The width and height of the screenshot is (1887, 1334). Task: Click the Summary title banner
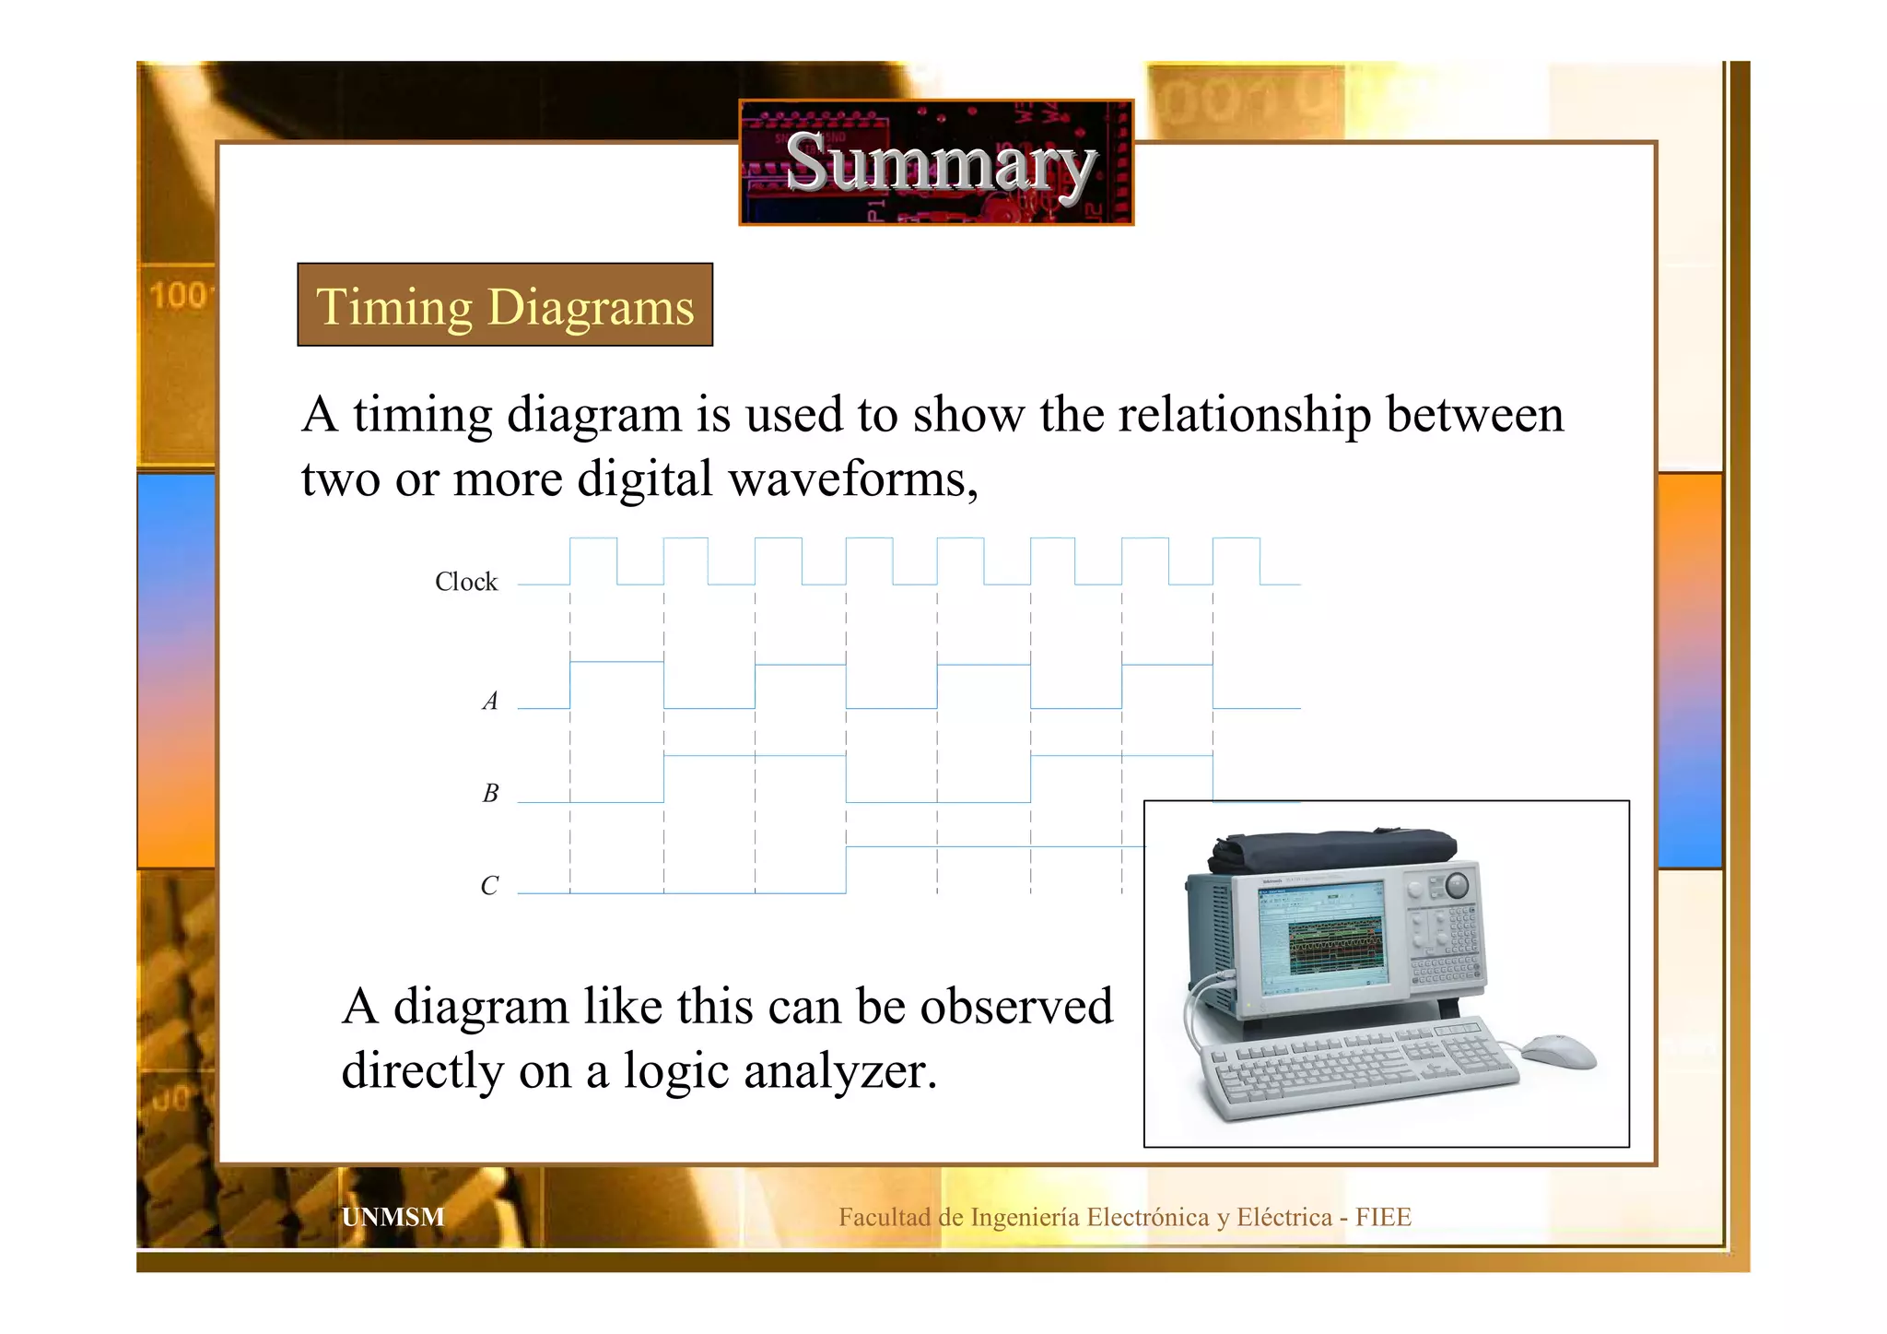tap(936, 162)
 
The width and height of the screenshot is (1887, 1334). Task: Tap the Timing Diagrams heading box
tap(505, 305)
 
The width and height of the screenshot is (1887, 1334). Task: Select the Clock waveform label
tap(465, 582)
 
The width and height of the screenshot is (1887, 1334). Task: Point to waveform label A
tap(490, 702)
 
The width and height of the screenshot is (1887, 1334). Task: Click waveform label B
tap(490, 793)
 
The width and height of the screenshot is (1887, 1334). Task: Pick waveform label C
tap(489, 885)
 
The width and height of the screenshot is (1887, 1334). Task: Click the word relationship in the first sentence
tap(1244, 415)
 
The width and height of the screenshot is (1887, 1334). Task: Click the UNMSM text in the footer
tap(393, 1217)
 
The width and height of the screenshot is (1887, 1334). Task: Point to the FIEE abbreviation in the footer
tap(1382, 1217)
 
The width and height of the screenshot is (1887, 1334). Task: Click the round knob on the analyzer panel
tap(1457, 885)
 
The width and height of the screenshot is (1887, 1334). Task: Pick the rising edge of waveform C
tap(846, 869)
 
